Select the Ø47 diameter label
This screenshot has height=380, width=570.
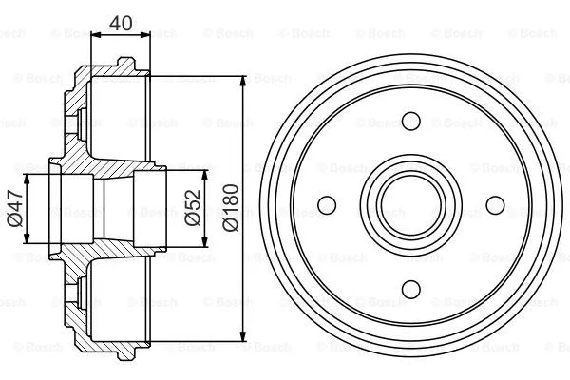point(13,208)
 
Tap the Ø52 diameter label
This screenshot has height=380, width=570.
point(193,207)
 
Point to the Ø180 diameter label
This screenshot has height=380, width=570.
point(232,207)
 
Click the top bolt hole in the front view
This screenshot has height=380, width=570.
point(410,121)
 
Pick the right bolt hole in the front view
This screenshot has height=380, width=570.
point(494,204)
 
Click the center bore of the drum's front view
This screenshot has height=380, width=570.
point(410,204)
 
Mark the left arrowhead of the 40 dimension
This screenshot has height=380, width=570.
point(95,36)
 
